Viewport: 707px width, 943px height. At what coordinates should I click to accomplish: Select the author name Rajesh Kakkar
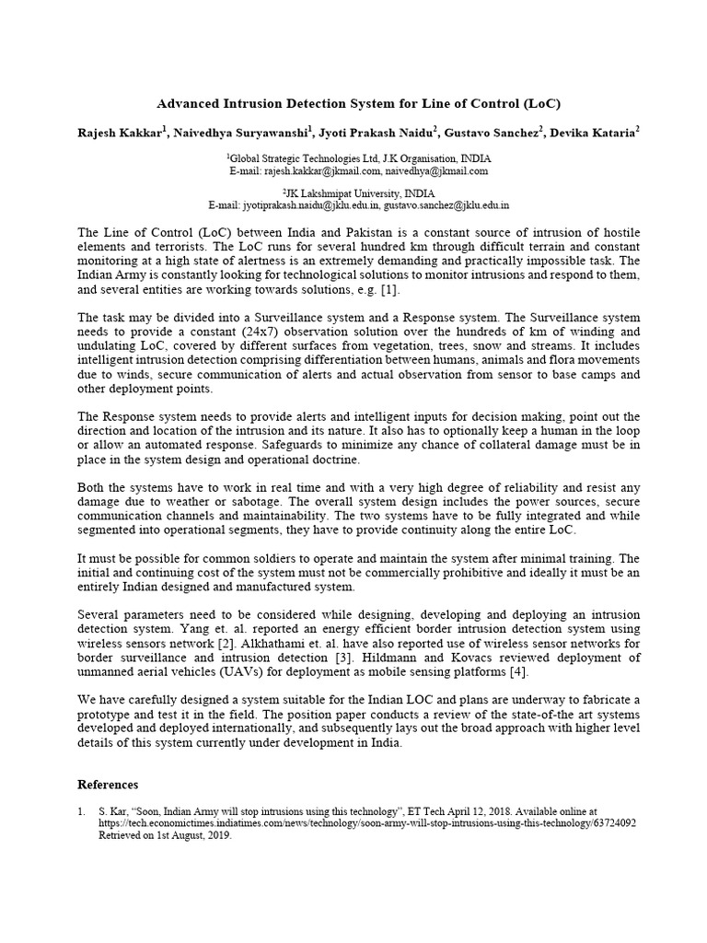pyautogui.click(x=117, y=133)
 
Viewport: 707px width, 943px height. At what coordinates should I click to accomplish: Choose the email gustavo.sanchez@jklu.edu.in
pyautogui.click(x=447, y=205)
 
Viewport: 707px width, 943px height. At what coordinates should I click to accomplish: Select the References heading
pyautogui.click(x=108, y=785)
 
